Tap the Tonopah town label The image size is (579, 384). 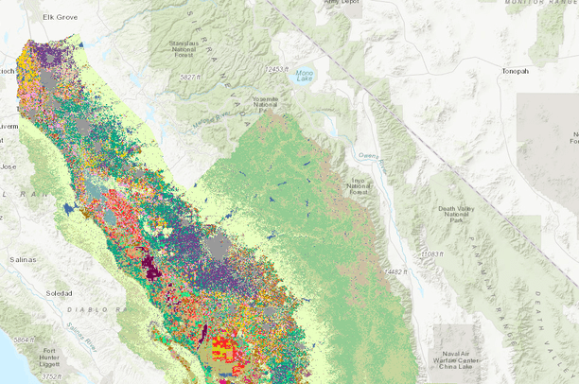(519, 71)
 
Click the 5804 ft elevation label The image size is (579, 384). (16, 339)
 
